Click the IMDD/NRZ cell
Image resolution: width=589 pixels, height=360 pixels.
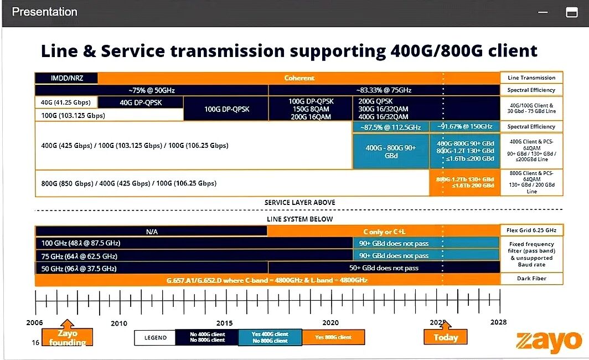pos(66,79)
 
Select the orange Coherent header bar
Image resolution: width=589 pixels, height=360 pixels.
pos(299,78)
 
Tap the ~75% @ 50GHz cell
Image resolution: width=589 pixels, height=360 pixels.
pos(151,90)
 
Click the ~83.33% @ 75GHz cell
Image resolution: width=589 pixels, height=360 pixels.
pos(384,90)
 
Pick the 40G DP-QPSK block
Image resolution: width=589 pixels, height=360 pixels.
pos(141,102)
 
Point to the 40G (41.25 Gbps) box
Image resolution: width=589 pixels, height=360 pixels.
pos(66,102)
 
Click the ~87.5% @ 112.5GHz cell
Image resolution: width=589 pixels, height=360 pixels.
pos(390,127)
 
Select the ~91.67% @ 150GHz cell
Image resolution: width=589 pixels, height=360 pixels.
pos(464,127)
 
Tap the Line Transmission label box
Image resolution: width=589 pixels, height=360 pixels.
pos(531,78)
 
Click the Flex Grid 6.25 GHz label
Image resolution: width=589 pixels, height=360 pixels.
pos(531,230)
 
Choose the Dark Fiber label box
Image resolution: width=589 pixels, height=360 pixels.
pos(531,279)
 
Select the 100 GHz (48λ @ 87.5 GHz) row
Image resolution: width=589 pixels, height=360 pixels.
pos(194,243)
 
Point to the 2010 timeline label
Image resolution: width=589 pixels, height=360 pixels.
pos(119,323)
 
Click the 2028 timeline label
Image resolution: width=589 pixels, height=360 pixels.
pos(498,322)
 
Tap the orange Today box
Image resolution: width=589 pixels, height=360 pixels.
pos(445,337)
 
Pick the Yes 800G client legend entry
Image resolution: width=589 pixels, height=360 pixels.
pos(333,337)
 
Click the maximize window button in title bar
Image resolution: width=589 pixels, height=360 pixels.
pos(571,12)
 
